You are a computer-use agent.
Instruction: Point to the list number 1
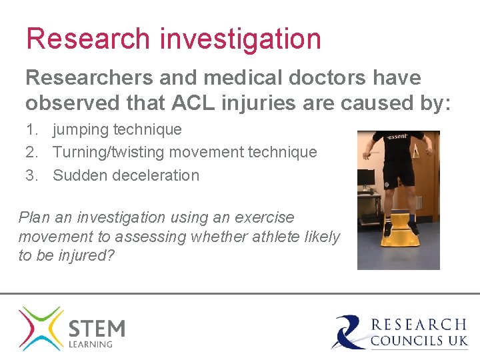click(31, 129)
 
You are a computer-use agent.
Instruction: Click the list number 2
click(31, 152)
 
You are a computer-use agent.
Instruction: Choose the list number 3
click(31, 175)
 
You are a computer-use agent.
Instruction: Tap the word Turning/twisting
click(109, 152)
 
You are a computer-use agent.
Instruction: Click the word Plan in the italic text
click(35, 217)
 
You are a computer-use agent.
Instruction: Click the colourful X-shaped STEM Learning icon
click(41, 328)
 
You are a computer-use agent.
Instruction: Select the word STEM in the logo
click(97, 329)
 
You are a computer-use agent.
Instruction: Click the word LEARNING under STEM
click(91, 345)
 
